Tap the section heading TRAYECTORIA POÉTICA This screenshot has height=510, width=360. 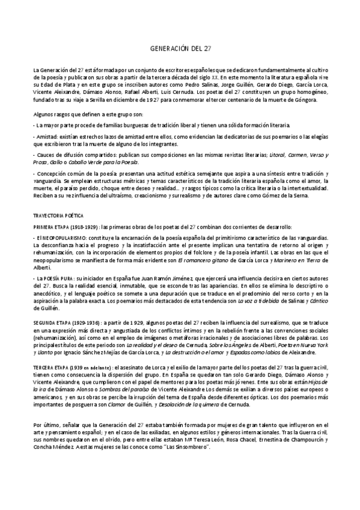[58, 215]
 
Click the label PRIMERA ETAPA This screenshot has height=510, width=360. [50, 226]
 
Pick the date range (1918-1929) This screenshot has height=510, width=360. [84, 226]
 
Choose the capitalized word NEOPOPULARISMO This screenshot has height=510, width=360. [59, 239]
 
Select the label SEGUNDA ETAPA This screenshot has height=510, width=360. [50, 322]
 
